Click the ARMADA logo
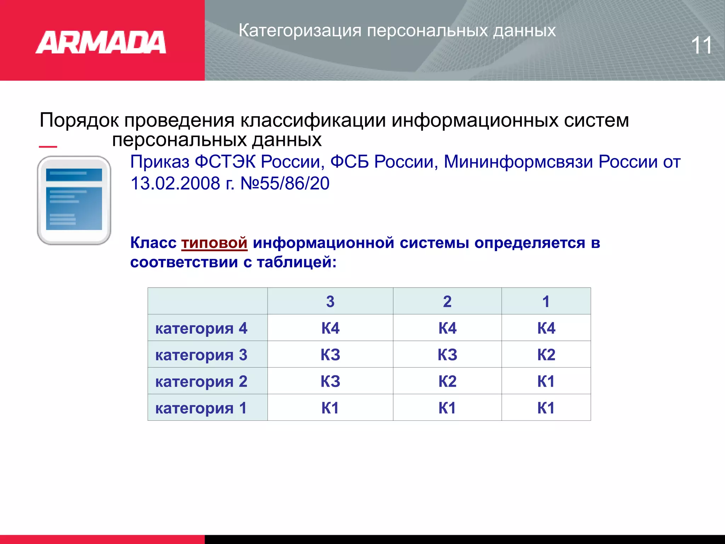point(101,42)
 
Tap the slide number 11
point(701,45)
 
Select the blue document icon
point(74,200)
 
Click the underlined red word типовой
point(214,243)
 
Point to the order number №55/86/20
point(285,183)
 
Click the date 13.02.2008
point(175,183)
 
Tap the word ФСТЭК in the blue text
point(225,162)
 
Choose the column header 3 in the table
point(330,301)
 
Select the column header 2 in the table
point(447,301)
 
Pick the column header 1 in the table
point(546,301)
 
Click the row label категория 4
point(201,328)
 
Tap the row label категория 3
point(201,355)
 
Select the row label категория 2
point(201,381)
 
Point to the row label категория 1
point(201,408)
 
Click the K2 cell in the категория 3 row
point(546,355)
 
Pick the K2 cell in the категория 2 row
point(447,381)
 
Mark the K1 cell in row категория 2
point(546,381)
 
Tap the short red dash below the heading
point(48,146)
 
